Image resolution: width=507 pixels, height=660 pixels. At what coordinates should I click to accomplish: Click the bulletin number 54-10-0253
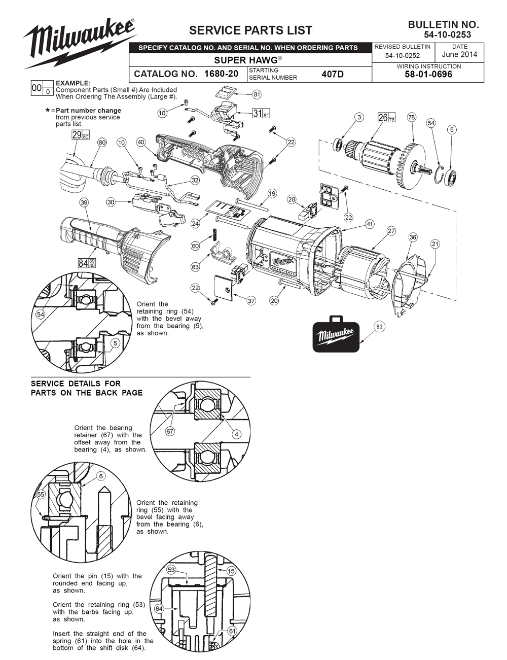(447, 34)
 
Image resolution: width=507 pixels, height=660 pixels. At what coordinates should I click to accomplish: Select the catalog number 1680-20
(222, 74)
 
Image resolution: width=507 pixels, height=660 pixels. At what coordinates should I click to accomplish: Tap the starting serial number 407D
(332, 74)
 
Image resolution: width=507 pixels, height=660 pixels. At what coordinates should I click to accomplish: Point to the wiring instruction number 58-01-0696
(428, 75)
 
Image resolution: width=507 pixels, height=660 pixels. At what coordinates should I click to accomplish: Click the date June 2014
(459, 55)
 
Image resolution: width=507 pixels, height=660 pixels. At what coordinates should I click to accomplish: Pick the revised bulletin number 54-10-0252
(403, 56)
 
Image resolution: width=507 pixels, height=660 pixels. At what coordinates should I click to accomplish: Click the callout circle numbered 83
(379, 327)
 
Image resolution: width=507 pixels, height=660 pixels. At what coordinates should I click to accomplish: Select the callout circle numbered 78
(411, 117)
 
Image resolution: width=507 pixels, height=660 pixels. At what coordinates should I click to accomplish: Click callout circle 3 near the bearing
(359, 117)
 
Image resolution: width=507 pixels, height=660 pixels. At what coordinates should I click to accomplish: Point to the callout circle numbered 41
(369, 224)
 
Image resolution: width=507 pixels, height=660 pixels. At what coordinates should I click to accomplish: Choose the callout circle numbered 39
(84, 202)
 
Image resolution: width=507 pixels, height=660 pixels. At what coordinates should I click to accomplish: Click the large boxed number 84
(84, 263)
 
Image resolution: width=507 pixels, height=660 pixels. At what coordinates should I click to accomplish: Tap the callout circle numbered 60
(195, 246)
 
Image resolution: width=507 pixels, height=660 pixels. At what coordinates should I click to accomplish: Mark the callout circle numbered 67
(170, 431)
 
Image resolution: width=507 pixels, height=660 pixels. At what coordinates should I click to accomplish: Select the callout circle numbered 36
(413, 237)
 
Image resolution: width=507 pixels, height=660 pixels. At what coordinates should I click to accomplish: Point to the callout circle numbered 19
(272, 193)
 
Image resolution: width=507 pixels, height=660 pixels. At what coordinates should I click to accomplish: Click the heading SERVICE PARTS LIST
(250, 30)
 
